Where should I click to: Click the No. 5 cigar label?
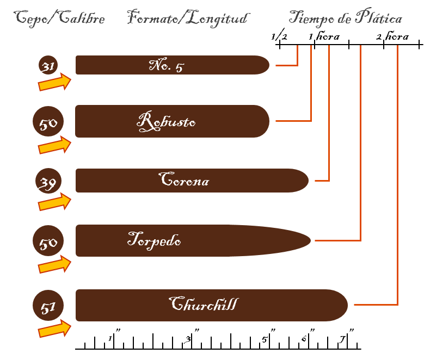click(167, 65)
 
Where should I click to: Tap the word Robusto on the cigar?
click(166, 121)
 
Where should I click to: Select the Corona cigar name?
click(184, 179)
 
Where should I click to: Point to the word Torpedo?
click(154, 240)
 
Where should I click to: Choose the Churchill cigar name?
click(204, 303)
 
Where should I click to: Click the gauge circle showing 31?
click(48, 65)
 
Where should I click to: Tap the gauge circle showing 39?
click(48, 181)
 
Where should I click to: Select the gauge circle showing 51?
click(48, 306)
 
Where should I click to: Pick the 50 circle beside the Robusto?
click(48, 121)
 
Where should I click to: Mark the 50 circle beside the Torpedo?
click(48, 240)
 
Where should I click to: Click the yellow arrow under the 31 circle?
click(54, 82)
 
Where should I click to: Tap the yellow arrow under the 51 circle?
click(54, 328)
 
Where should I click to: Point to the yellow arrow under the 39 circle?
click(54, 202)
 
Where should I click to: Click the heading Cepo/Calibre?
click(59, 18)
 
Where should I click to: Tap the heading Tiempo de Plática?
click(345, 17)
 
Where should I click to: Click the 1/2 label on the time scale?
click(279, 35)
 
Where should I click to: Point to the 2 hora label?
click(392, 36)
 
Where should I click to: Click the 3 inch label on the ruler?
click(188, 339)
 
